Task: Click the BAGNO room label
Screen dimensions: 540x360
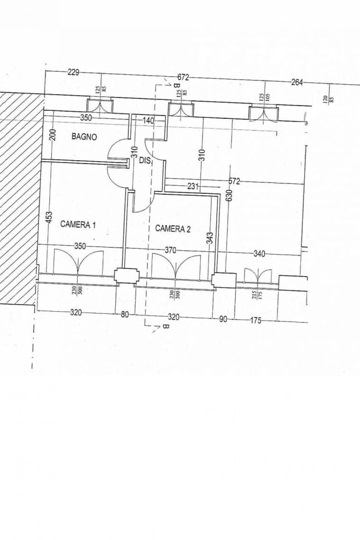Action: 84,137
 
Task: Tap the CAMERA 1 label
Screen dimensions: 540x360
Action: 78,224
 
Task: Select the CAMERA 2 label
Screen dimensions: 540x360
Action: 173,229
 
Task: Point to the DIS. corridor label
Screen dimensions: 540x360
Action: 145,161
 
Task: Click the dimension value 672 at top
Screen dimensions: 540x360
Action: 183,77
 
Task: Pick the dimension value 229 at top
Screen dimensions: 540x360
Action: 73,72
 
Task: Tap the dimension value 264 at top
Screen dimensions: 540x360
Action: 297,83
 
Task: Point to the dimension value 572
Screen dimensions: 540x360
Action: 234,181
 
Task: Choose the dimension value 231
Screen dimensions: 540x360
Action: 193,186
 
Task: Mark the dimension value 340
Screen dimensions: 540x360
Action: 259,254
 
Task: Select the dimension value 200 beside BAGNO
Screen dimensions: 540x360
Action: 53,134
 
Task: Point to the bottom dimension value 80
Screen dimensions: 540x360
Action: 125,315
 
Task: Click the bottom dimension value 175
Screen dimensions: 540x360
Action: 256,320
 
